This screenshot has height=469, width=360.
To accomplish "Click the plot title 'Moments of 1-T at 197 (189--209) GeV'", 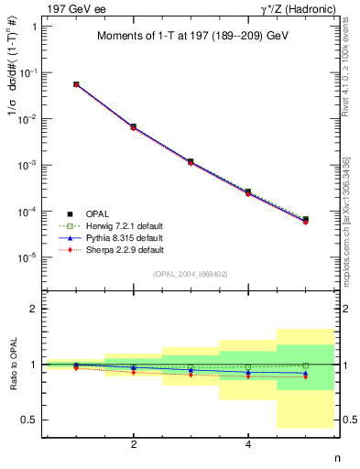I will pos(191,37).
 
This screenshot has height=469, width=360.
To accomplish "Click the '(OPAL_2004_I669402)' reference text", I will pos(191,274).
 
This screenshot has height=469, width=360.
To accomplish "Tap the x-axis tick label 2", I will pos(135,444).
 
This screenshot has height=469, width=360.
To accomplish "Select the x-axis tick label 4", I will pos(249,444).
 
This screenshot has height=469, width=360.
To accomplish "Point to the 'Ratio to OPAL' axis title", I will pos(12,365).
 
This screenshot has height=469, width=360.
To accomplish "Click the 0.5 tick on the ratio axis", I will pos(30,420).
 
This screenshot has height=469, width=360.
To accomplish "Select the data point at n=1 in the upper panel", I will pos(77,84).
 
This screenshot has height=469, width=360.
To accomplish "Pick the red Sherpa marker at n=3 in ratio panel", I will pos(191,375).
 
